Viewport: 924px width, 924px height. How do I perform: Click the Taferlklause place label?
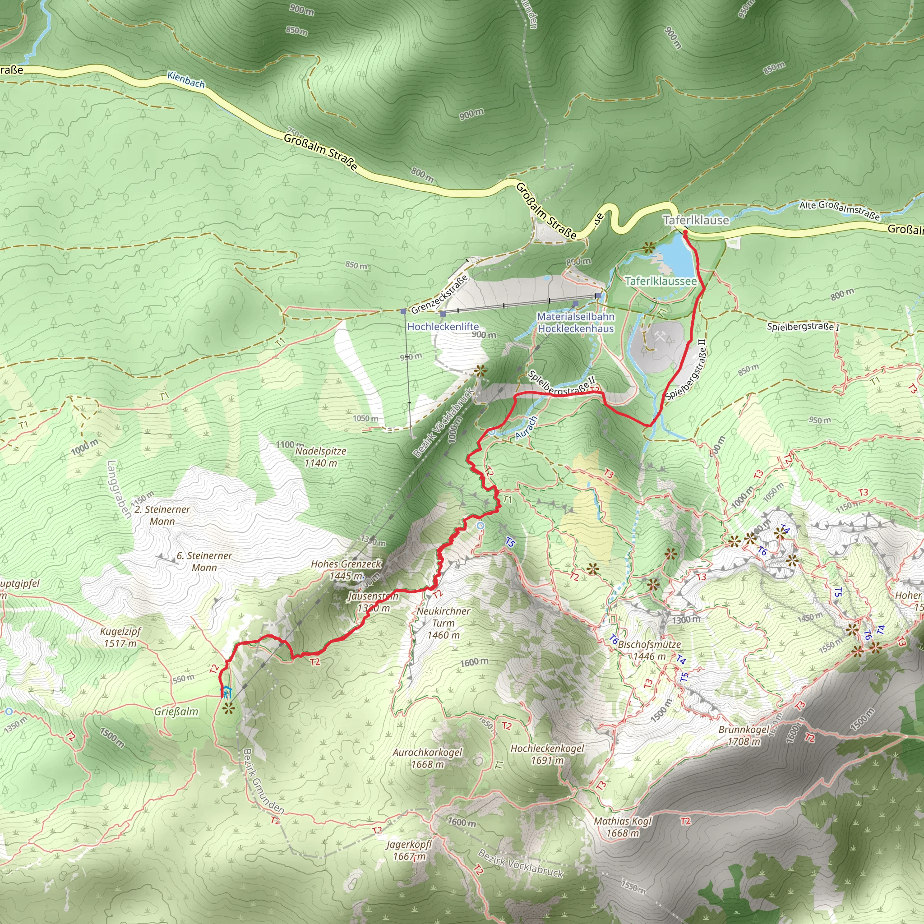(x=696, y=221)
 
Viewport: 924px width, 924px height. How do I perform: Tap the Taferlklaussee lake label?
(x=661, y=281)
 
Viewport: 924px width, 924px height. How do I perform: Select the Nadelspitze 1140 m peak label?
(x=320, y=457)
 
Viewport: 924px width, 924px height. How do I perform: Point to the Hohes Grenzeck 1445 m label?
(x=346, y=570)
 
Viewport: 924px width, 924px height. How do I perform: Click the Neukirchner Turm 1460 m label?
(x=444, y=623)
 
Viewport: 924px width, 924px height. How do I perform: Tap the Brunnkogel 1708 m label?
(x=744, y=735)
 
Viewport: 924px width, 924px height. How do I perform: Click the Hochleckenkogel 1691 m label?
(x=547, y=754)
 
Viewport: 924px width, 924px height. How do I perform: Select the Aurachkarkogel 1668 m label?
(x=427, y=758)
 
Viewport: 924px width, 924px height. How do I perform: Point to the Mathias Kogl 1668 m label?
(x=623, y=827)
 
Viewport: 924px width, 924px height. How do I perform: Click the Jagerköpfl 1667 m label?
(x=409, y=850)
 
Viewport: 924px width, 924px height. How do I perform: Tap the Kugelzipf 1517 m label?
(x=120, y=637)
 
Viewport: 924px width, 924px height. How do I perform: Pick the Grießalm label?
(x=176, y=711)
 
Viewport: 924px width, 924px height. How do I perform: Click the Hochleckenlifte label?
(x=443, y=327)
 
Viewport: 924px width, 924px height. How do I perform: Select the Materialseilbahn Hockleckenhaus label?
(x=575, y=322)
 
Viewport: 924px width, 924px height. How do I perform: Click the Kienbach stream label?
(x=186, y=80)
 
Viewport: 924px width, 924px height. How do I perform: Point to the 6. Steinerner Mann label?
(x=204, y=561)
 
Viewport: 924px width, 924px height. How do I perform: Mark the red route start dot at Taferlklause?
(x=685, y=232)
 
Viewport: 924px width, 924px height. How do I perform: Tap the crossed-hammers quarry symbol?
(x=660, y=337)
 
